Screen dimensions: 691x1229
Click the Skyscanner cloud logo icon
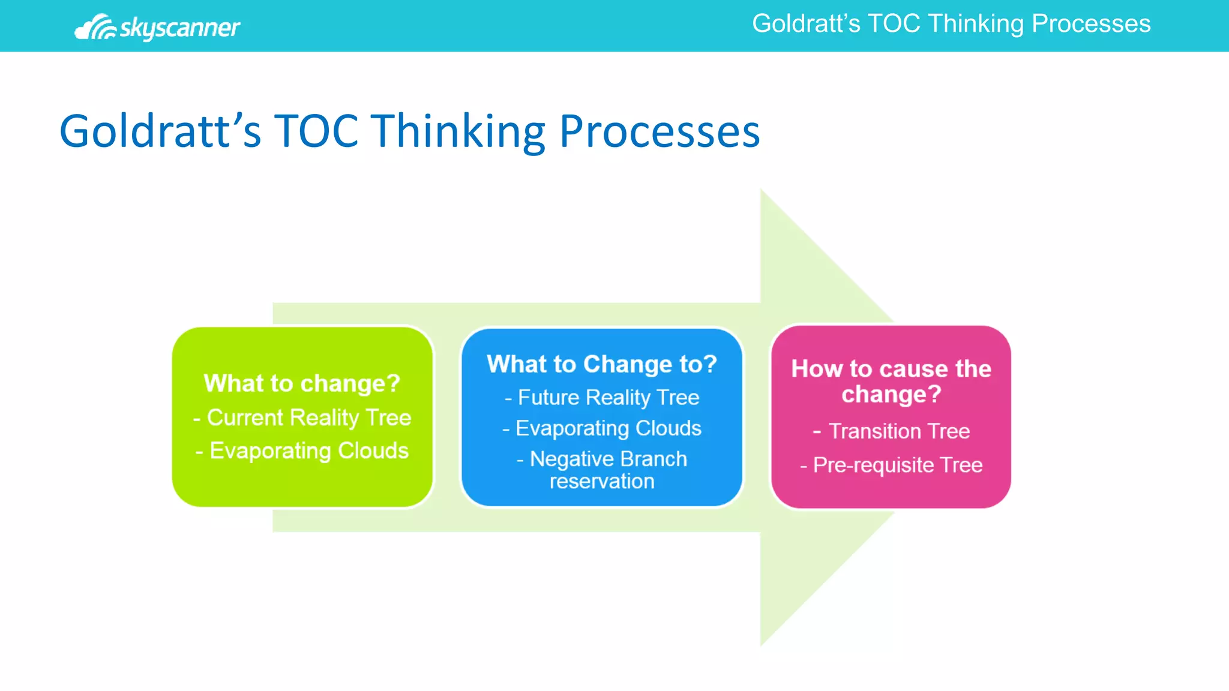[x=95, y=28]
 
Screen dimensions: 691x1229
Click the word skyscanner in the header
[x=179, y=28]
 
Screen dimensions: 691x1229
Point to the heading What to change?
[x=302, y=383]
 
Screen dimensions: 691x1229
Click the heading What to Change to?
[x=602, y=364]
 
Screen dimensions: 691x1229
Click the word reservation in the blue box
[x=602, y=481]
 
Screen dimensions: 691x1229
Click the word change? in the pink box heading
[x=891, y=395]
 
